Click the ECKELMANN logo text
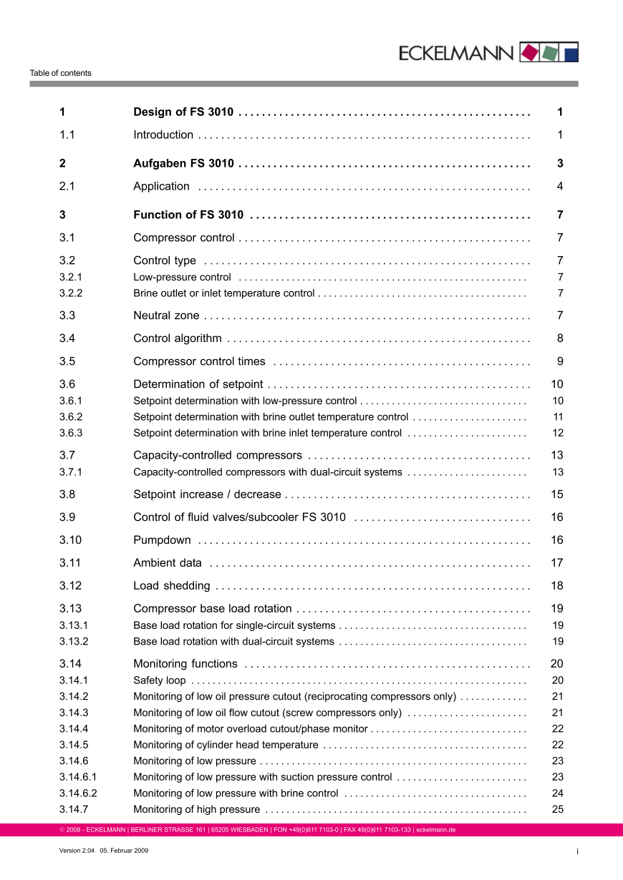click(456, 53)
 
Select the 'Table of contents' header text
click(60, 73)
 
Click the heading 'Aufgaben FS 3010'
click(183, 164)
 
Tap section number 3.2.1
click(71, 277)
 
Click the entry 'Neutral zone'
click(166, 316)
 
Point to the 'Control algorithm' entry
click(178, 338)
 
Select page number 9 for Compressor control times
click(560, 361)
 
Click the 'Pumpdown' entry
click(162, 540)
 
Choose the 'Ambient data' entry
click(168, 563)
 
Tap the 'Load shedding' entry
click(172, 586)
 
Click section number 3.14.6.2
click(78, 793)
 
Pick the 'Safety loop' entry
click(160, 680)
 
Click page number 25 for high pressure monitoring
click(558, 810)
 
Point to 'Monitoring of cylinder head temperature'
click(226, 745)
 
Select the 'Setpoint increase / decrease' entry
click(207, 494)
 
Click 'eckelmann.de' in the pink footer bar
click(436, 830)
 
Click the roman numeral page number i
click(576, 851)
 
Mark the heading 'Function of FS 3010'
click(188, 215)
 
